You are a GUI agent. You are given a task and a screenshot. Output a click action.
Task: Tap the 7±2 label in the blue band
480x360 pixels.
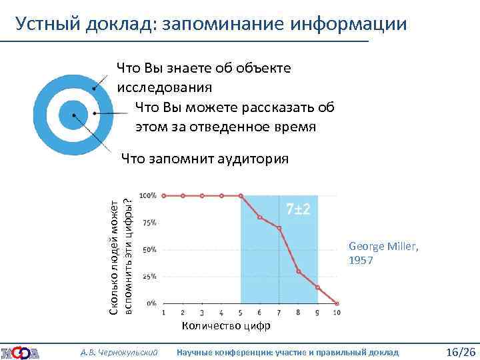coord(298,209)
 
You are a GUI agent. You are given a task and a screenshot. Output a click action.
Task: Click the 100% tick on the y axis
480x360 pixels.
coord(148,195)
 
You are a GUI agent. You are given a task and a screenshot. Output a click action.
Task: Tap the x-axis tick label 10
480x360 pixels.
coord(337,313)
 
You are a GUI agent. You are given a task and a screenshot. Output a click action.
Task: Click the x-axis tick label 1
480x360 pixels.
coord(163,313)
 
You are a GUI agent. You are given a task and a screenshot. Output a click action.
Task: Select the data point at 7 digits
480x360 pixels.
coord(279,228)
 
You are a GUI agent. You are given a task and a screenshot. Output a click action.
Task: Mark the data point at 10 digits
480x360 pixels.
coord(337,303)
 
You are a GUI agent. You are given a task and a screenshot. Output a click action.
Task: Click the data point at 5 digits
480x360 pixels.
coord(241,196)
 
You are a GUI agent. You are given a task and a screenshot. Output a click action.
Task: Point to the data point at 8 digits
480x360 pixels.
coord(299,271)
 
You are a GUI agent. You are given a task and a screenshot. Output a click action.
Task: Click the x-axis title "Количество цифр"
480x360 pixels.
coord(226,326)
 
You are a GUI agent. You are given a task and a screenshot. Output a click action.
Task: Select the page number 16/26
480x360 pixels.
coord(459,351)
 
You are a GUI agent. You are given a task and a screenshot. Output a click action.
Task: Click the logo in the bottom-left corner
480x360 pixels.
coord(20,352)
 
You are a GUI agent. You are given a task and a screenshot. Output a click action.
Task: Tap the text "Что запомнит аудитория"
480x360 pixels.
coord(205,159)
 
